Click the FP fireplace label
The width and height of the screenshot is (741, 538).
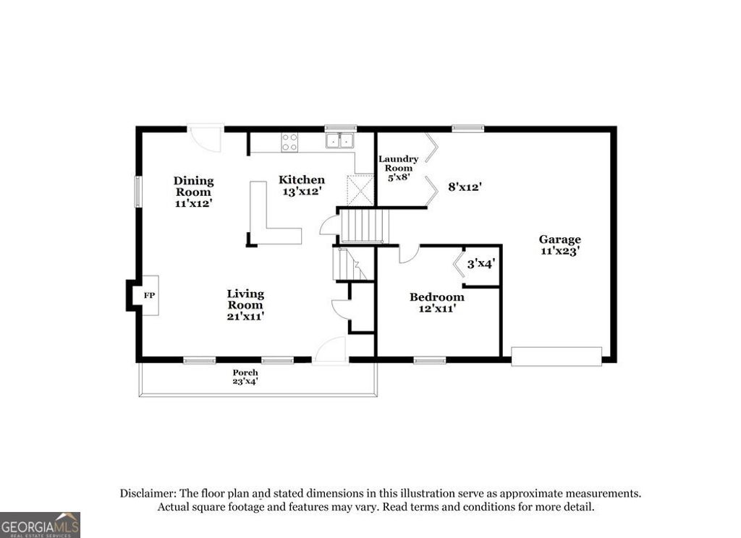(x=149, y=296)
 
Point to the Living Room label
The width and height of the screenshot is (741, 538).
(x=245, y=304)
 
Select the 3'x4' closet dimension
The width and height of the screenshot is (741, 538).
(x=480, y=264)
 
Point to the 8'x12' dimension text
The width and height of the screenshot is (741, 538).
(x=465, y=187)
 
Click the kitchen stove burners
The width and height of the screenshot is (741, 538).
(x=289, y=142)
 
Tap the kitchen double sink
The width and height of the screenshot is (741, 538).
(x=339, y=140)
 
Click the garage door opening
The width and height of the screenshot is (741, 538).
(x=556, y=356)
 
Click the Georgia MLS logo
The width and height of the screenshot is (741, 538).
(x=40, y=525)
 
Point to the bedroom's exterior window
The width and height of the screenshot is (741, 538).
(x=430, y=359)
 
